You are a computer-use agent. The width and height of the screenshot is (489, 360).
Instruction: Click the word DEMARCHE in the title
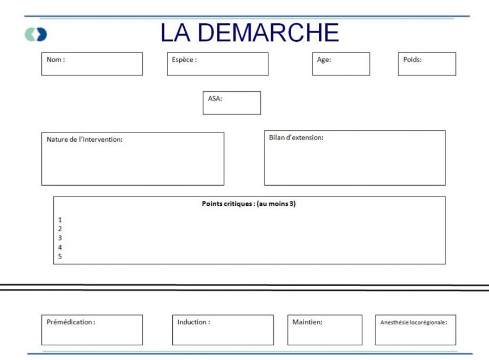pyautogui.click(x=268, y=33)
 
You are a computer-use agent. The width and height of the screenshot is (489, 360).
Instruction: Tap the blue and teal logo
pyautogui.click(x=36, y=34)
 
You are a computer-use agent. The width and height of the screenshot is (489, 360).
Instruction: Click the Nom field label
pyautogui.click(x=56, y=60)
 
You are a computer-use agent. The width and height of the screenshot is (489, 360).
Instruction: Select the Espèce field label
pyautogui.click(x=184, y=60)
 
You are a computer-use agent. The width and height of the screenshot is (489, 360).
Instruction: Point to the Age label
pyautogui.click(x=324, y=60)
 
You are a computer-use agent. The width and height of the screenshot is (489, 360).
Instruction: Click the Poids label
pyautogui.click(x=412, y=60)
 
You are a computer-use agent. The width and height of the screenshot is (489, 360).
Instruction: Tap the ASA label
pyautogui.click(x=215, y=98)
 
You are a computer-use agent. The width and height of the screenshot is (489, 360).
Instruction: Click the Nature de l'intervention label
pyautogui.click(x=85, y=140)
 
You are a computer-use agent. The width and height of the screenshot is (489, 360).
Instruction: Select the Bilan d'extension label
pyautogui.click(x=296, y=137)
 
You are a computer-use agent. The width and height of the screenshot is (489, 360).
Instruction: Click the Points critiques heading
pyautogui.click(x=248, y=204)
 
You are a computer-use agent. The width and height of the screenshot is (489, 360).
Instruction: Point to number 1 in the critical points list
pyautogui.click(x=60, y=220)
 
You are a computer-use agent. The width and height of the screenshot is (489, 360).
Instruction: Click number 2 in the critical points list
pyautogui.click(x=60, y=229)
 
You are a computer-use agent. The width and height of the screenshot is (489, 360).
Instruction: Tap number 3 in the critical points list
pyautogui.click(x=60, y=238)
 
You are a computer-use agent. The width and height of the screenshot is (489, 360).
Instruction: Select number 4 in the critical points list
pyautogui.click(x=60, y=247)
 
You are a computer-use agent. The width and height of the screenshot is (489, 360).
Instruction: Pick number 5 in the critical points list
pyautogui.click(x=60, y=256)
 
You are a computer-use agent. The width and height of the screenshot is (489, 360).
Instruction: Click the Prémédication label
pyautogui.click(x=71, y=322)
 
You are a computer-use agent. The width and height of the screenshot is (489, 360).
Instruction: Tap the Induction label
pyautogui.click(x=193, y=322)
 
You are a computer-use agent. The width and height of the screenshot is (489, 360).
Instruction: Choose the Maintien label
pyautogui.click(x=307, y=322)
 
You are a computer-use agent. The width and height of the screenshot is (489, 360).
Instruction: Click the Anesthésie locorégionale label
pyautogui.click(x=413, y=323)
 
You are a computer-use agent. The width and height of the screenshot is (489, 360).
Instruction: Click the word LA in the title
pyautogui.click(x=175, y=33)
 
